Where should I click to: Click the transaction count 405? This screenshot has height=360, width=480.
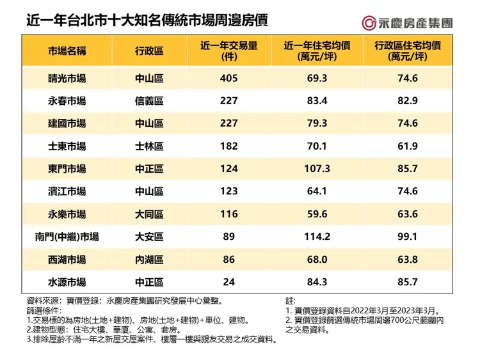[228, 78]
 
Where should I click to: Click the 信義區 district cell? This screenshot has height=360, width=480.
[149, 100]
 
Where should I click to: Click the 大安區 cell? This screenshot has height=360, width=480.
[149, 237]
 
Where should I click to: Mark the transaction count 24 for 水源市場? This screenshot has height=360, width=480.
[228, 282]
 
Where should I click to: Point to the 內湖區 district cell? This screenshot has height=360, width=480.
[149, 260]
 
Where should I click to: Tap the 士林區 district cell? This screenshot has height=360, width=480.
[149, 146]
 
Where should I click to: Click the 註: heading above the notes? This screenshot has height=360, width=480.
[291, 299]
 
